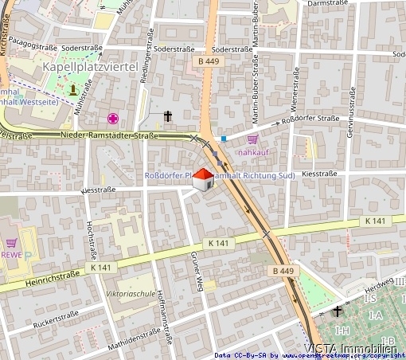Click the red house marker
(x=204, y=181)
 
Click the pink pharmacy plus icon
(x=114, y=119)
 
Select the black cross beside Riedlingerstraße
(x=168, y=117)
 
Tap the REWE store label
(x=11, y=255)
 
